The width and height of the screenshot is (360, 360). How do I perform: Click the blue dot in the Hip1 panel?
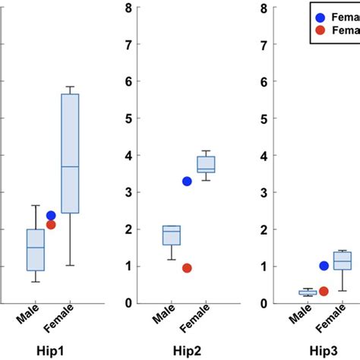(x=51, y=216)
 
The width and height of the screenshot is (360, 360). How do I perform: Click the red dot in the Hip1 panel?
(x=51, y=225)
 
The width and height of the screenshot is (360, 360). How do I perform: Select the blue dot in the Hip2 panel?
(x=187, y=181)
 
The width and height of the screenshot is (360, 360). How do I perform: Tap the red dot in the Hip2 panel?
(x=187, y=267)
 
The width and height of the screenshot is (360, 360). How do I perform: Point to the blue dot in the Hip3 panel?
(x=324, y=266)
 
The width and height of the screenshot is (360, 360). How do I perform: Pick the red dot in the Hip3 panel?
(x=324, y=291)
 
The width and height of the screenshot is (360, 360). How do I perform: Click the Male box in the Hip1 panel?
(x=35, y=249)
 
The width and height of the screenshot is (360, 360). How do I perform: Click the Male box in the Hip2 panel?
(x=172, y=235)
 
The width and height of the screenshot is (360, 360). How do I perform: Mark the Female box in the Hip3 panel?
(x=343, y=261)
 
